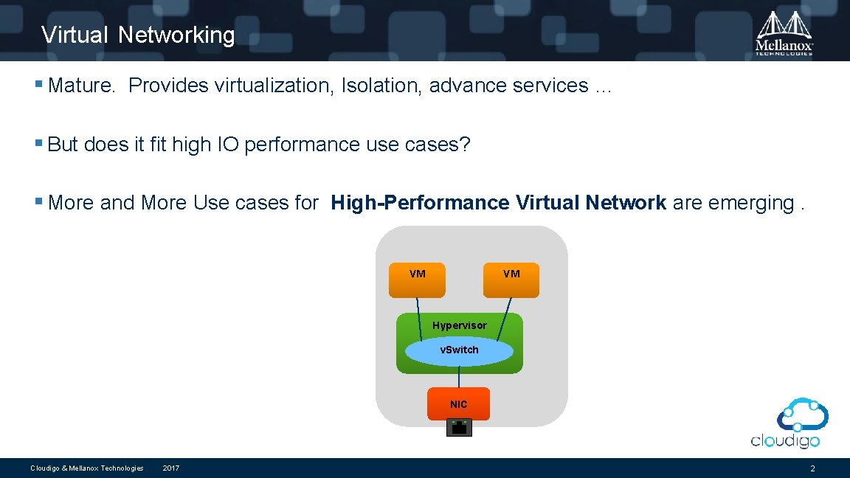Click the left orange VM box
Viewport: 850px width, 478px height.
coord(417,280)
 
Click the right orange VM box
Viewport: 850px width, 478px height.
coord(511,280)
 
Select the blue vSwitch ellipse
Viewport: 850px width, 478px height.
coord(459,350)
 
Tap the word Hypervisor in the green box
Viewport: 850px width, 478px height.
coord(459,325)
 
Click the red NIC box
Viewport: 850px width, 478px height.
coord(458,403)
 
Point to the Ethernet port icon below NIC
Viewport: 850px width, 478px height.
coord(459,427)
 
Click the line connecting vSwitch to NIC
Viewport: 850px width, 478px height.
coord(459,377)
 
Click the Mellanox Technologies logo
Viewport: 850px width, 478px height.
coord(784,32)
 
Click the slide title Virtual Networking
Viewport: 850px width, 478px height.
coord(138,35)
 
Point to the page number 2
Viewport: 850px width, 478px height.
coord(812,468)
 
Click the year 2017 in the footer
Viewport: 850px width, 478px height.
coord(170,468)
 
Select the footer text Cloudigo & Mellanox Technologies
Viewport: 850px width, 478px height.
coord(86,468)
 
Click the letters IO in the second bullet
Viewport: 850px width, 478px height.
coord(227,145)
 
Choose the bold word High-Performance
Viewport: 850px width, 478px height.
coord(420,202)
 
